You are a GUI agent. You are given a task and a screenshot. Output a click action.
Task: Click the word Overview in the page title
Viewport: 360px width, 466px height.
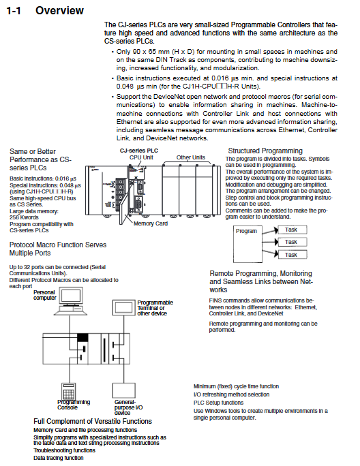(x=59, y=10)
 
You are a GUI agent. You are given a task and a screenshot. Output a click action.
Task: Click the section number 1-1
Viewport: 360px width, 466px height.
(x=14, y=11)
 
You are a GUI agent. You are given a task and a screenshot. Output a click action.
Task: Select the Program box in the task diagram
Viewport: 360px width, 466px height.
(x=247, y=244)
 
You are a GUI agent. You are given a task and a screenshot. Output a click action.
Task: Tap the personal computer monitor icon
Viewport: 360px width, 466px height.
(x=71, y=296)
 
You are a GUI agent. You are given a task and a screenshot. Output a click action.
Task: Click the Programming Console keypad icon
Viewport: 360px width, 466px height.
(x=68, y=392)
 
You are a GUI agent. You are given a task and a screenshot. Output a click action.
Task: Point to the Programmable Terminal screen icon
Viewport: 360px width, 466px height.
(x=124, y=307)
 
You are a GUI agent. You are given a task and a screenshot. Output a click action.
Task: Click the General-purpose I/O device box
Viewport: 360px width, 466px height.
(x=124, y=390)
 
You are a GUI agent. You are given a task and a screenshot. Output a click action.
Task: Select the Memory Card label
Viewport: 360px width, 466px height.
(x=151, y=223)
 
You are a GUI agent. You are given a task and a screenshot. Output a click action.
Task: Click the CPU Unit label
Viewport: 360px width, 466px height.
(x=141, y=157)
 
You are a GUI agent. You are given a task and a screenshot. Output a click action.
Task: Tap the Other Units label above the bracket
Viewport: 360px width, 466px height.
(x=191, y=157)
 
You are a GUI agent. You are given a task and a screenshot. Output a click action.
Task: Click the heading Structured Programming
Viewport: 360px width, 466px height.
(x=265, y=151)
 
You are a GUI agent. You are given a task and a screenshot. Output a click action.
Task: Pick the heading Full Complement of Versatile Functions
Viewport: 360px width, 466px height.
(x=93, y=421)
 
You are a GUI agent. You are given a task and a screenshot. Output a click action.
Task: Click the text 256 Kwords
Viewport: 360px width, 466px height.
(x=24, y=217)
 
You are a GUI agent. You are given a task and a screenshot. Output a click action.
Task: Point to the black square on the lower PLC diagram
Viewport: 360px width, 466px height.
(x=82, y=338)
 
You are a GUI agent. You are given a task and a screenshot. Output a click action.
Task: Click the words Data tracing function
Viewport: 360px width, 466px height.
(x=59, y=458)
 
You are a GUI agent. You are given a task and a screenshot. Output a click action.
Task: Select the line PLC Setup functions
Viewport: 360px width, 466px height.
(x=218, y=403)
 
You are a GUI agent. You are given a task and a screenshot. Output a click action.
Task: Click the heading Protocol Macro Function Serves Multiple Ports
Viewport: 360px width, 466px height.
(x=58, y=249)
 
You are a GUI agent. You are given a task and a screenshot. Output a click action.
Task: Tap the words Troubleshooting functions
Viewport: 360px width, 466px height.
(x=64, y=450)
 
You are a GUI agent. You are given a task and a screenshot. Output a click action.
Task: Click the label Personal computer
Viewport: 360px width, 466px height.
(x=44, y=295)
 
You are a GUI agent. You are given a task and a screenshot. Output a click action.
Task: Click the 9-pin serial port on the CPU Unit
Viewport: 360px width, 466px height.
(x=138, y=205)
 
